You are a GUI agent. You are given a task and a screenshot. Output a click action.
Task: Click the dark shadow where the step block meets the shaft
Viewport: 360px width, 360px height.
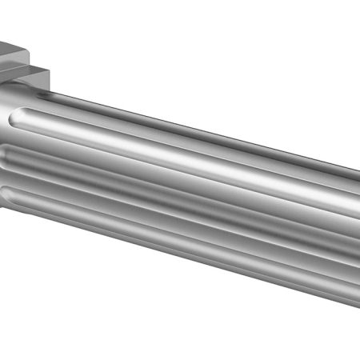24,80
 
